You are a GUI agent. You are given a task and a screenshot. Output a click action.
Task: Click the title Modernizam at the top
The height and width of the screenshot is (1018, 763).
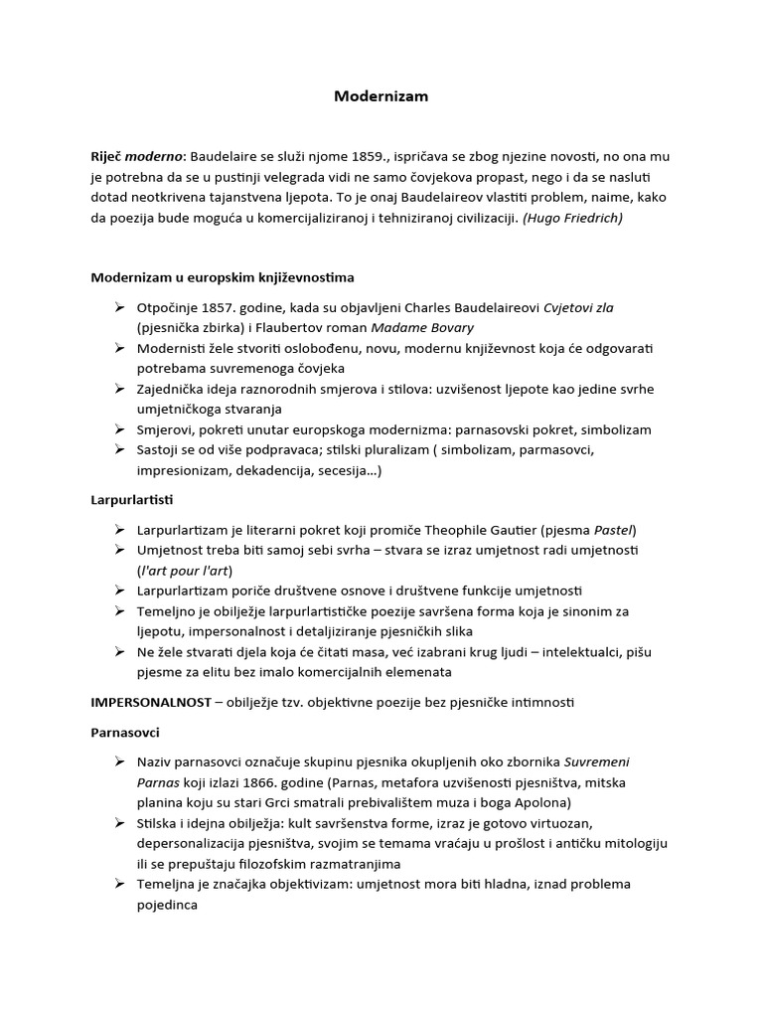tap(381, 96)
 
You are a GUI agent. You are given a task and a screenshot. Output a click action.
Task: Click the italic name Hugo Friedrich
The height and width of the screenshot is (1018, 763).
tap(574, 218)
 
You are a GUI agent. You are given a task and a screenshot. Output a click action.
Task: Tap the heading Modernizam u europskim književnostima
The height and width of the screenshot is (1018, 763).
tap(223, 276)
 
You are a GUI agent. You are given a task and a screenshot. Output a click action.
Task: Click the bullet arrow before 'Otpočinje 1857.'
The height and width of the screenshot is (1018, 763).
tap(119, 307)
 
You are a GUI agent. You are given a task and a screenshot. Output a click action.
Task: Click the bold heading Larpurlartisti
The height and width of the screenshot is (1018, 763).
tap(132, 499)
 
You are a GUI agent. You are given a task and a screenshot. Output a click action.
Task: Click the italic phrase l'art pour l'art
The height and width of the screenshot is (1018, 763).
tap(184, 570)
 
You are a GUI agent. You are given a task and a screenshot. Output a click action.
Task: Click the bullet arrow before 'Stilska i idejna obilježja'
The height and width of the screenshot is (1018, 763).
tap(119, 823)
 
